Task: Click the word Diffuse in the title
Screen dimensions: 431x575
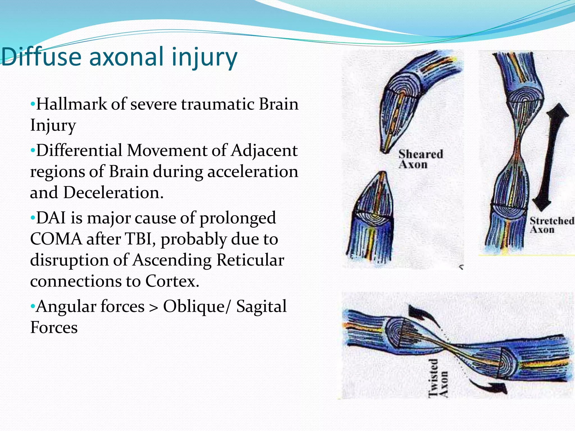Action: tap(41, 57)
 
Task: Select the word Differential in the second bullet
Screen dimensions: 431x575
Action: tap(79, 150)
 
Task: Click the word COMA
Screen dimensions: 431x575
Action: tap(56, 239)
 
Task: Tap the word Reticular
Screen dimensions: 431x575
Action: tap(250, 260)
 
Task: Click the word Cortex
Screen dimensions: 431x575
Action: tap(172, 281)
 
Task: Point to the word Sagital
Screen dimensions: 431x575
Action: tap(261, 306)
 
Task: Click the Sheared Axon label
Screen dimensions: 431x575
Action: tap(420, 159)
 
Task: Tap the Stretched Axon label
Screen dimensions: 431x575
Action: tap(551, 225)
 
